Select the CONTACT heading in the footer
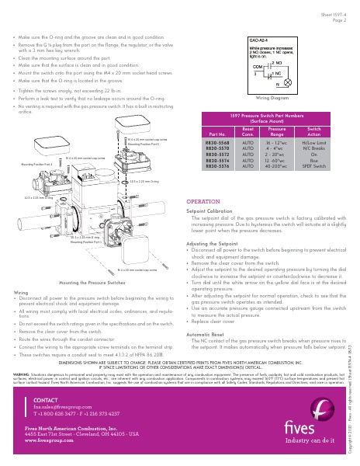tap(46, 399)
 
